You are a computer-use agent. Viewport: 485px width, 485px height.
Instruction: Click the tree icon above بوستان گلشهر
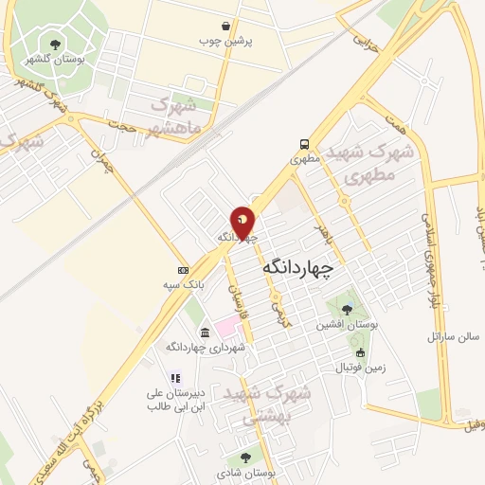click(55, 43)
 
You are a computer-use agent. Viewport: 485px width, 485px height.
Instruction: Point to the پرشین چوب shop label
click(224, 42)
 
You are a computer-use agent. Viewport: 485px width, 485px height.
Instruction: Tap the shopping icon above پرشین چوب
click(225, 27)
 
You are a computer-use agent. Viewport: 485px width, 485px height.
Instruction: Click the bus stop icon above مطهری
click(303, 145)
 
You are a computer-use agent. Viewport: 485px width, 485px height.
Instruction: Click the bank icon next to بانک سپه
click(183, 269)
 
